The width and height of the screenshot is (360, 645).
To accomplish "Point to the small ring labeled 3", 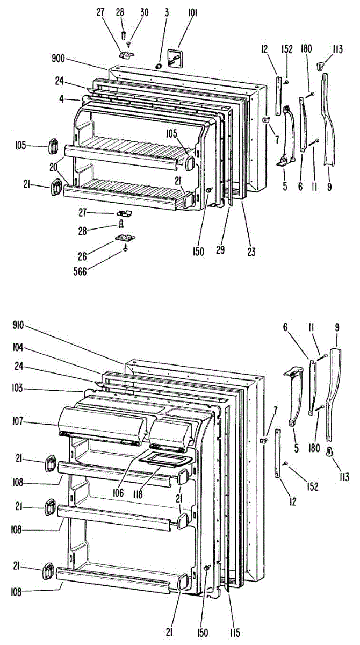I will pos(159,65).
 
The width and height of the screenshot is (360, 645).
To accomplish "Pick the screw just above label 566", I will pos(125,248).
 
